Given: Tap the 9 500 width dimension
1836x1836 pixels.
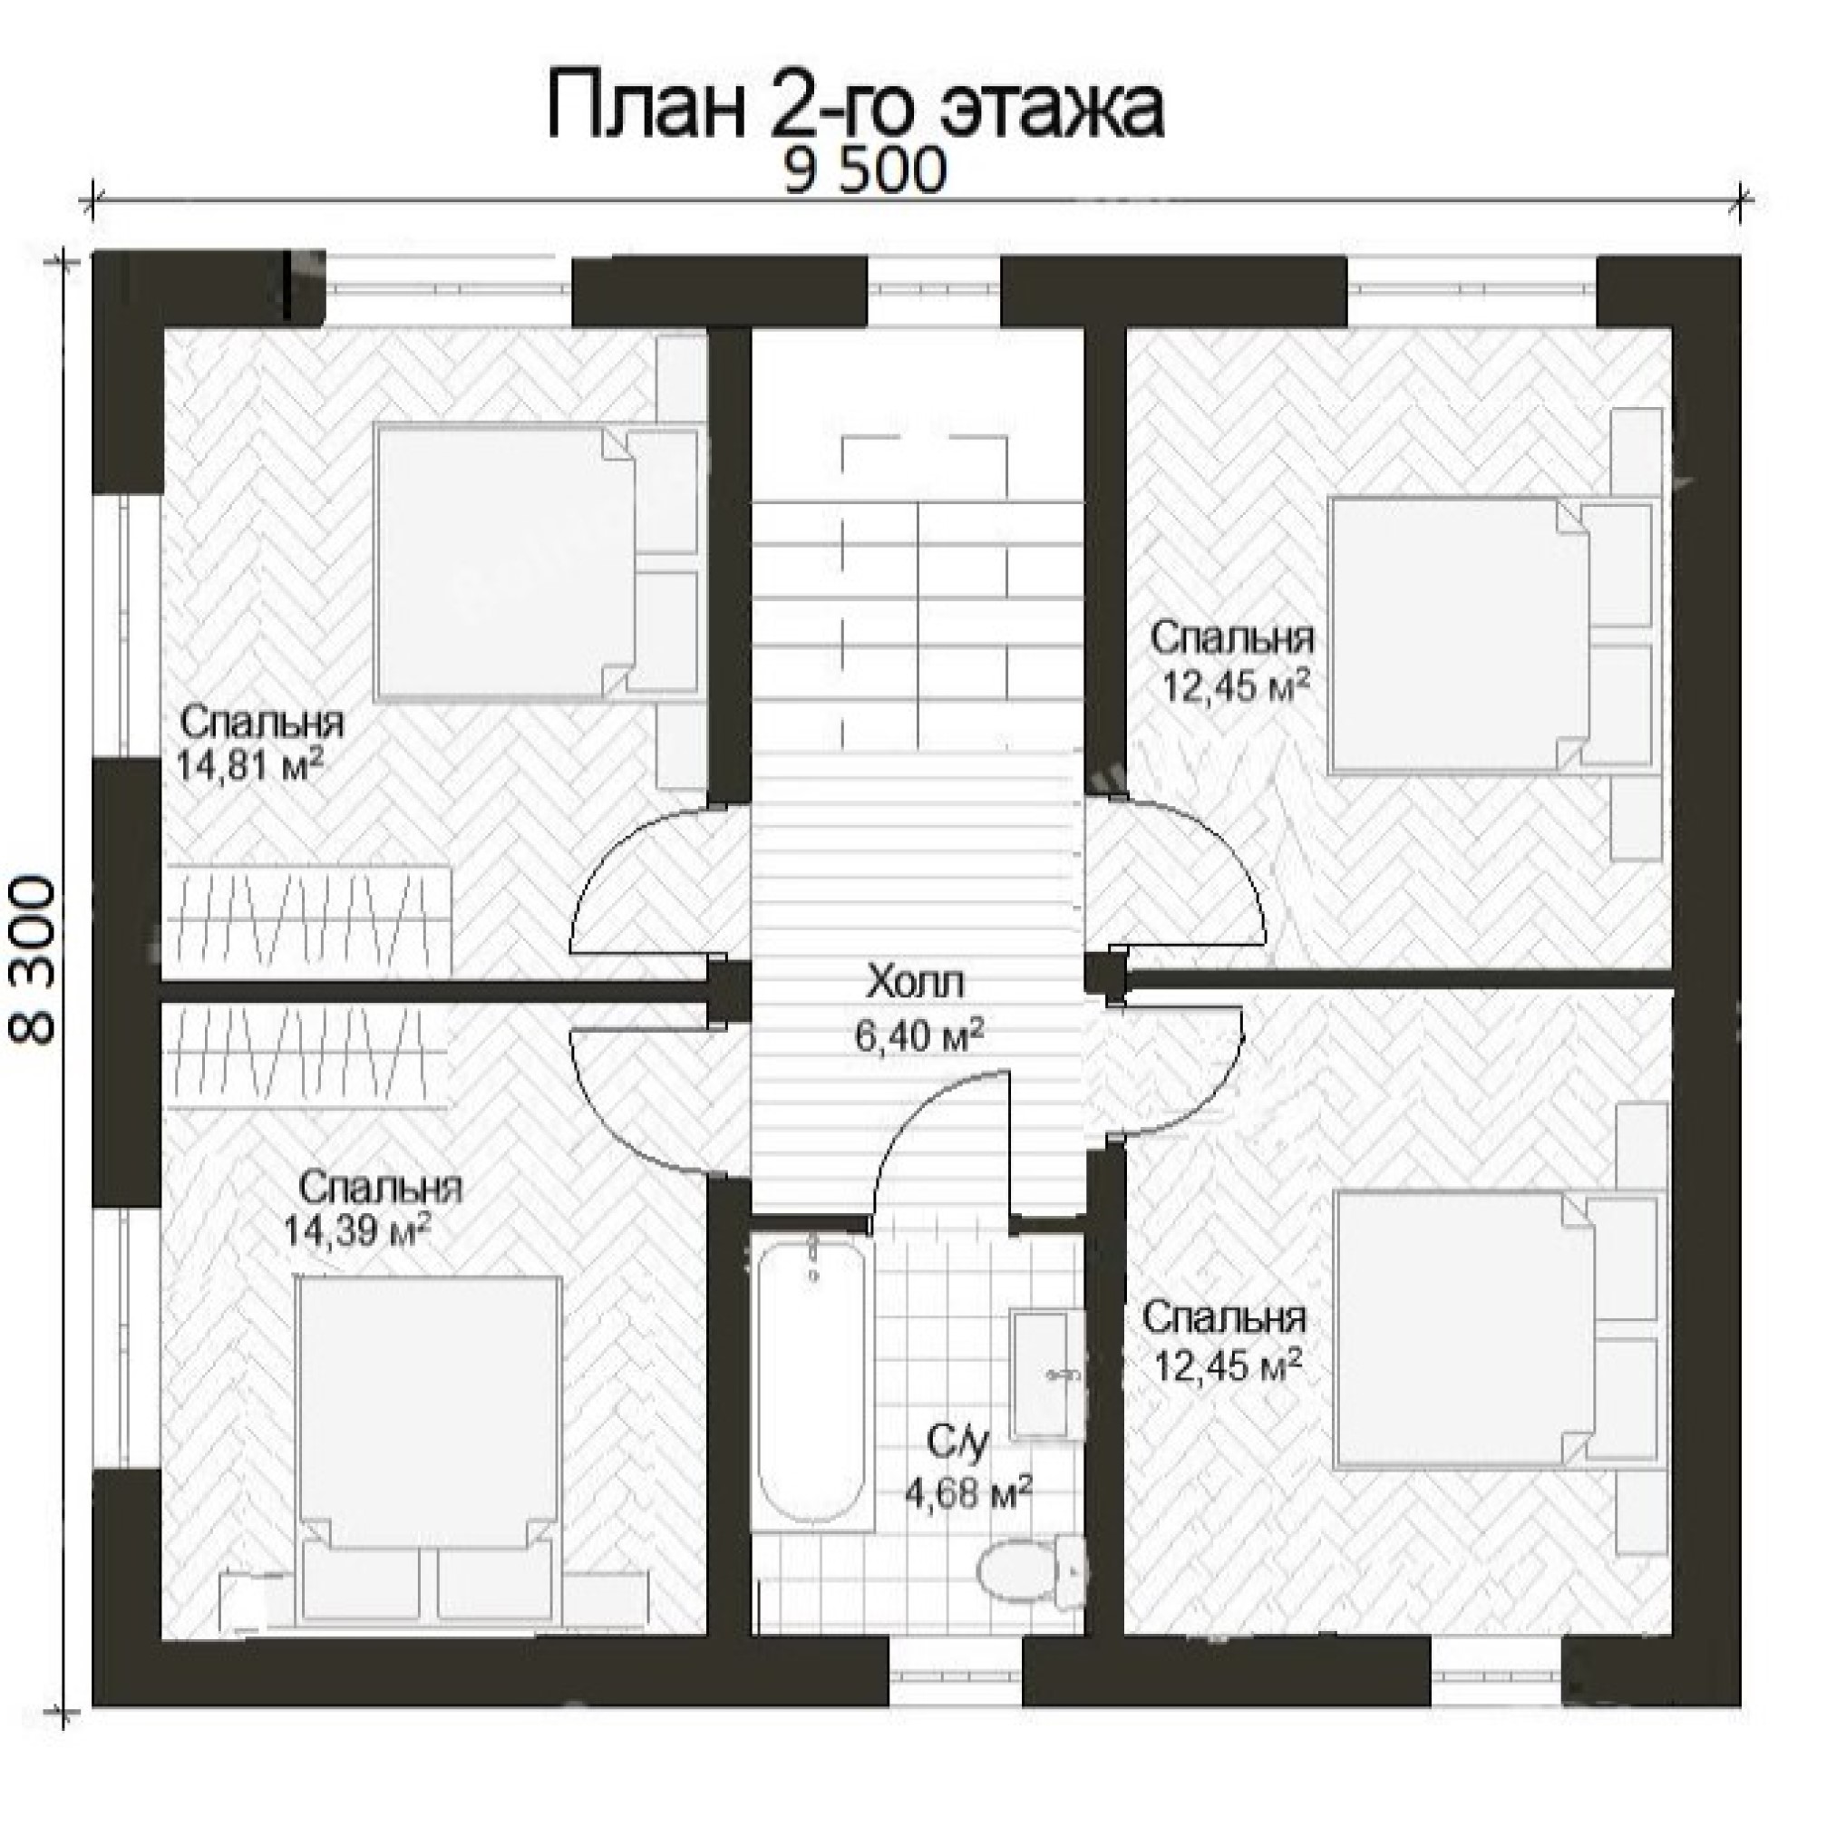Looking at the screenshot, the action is (x=865, y=173).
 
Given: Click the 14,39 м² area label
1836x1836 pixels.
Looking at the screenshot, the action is (x=357, y=1229).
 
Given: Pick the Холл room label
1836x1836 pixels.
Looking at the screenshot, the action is (x=914, y=981).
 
